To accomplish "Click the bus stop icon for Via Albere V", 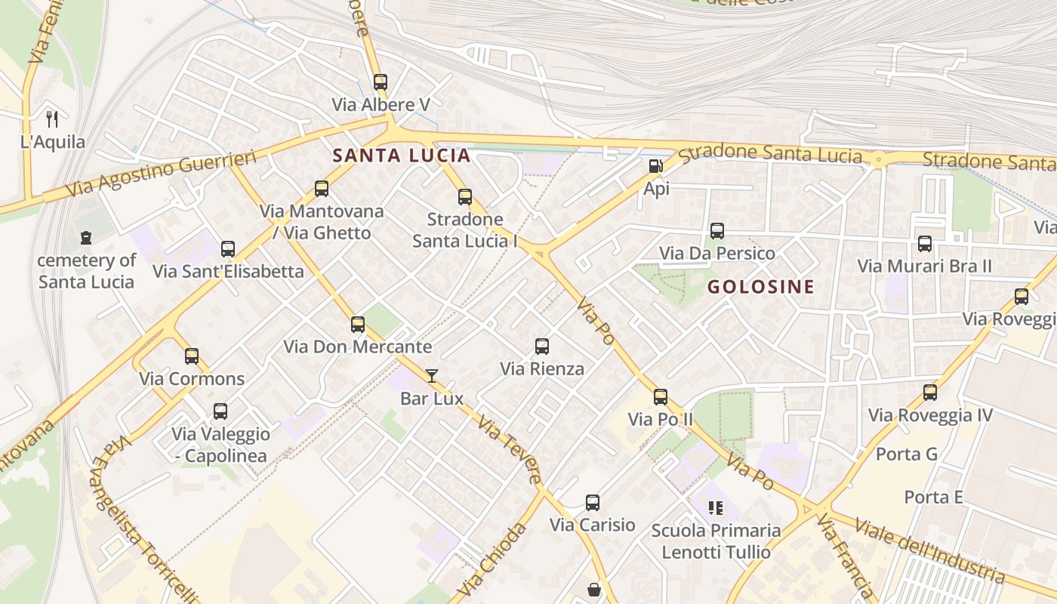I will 381,82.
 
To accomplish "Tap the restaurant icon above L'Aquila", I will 52,119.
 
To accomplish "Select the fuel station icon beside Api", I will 655,166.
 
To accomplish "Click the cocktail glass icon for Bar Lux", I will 432,375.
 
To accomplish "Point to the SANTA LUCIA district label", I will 402,156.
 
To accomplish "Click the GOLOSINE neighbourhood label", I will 760,287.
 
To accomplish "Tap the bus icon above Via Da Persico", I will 717,231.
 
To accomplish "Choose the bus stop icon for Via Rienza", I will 542,347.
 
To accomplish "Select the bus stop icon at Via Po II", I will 661,396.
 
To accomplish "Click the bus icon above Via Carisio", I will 593,502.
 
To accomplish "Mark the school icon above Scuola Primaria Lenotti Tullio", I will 716,507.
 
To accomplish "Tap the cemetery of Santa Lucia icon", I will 86,238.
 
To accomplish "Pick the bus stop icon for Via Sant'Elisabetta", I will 228,249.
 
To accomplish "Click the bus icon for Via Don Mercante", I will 358,325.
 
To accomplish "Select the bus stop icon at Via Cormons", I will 192,356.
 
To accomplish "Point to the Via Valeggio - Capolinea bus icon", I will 220,411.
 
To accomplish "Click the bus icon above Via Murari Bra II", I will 925,244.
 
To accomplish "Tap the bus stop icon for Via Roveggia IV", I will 930,393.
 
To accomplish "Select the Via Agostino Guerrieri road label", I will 162,174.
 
